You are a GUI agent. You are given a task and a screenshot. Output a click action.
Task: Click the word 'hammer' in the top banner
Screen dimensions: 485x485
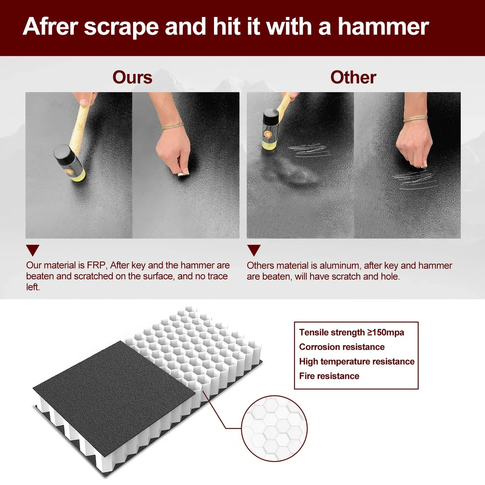click(383, 27)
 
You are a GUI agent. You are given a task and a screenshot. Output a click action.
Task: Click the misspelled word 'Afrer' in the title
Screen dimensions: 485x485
click(50, 27)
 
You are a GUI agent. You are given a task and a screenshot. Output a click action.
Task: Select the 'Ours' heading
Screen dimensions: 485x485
click(133, 77)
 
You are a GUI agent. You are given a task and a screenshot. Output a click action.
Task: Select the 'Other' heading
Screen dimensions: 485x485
click(353, 77)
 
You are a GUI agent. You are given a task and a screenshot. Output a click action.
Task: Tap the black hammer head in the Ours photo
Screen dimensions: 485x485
click(70, 163)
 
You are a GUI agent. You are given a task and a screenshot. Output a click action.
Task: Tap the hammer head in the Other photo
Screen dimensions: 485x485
click(270, 130)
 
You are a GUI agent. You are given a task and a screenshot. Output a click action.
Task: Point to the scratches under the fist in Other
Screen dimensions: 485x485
click(414, 180)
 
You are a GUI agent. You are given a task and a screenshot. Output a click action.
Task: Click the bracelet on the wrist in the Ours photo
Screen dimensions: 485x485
click(172, 126)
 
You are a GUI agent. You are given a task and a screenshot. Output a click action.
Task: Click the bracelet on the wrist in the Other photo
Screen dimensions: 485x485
click(416, 118)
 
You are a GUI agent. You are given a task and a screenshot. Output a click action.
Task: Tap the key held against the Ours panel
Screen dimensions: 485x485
click(183, 174)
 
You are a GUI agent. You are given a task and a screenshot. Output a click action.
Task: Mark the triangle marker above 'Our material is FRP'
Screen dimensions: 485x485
click(33, 250)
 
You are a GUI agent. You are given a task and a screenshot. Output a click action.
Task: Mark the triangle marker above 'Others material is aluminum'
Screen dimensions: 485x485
click(254, 250)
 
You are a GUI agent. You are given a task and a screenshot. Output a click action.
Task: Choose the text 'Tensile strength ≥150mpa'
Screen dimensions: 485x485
click(352, 332)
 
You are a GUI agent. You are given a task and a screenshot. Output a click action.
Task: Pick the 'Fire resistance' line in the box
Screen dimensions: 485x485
click(329, 376)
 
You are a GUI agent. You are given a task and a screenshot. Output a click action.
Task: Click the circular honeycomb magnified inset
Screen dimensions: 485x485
click(274, 428)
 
